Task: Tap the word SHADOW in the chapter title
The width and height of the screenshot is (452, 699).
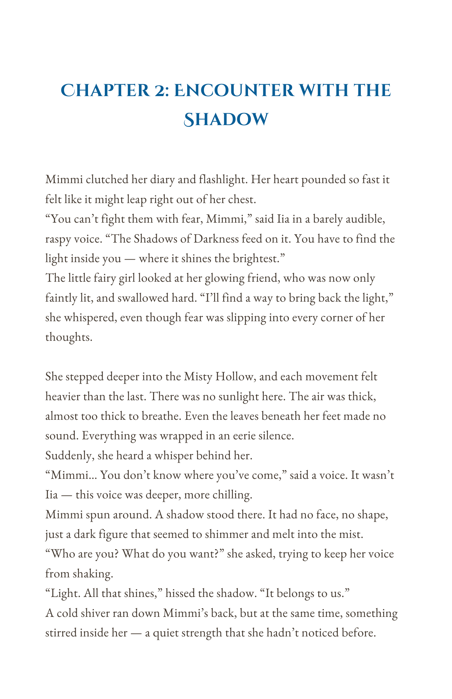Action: point(226,120)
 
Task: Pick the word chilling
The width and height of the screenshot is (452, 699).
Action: point(229,495)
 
